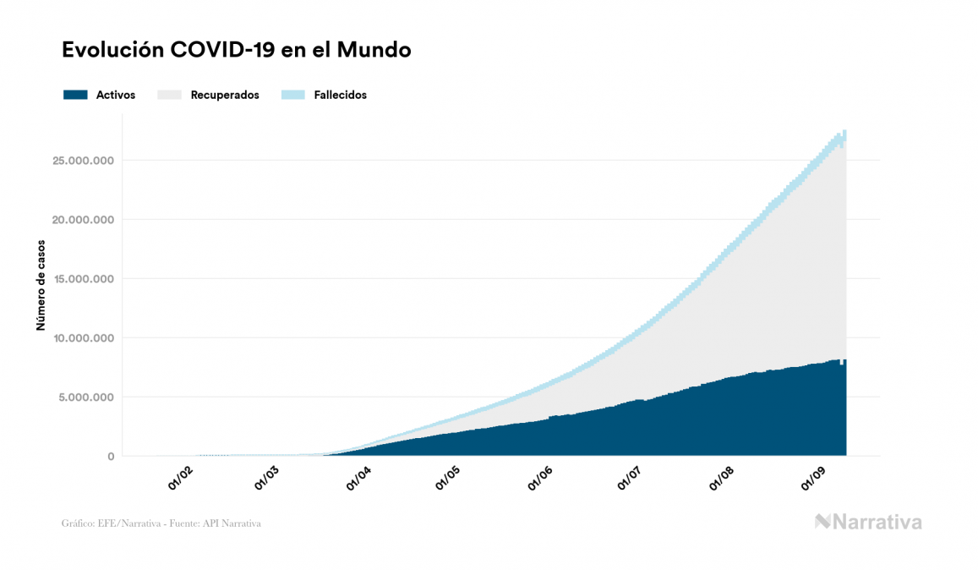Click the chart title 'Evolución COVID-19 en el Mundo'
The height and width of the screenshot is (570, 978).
[x=237, y=50]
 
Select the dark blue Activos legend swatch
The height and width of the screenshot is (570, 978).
[x=75, y=95]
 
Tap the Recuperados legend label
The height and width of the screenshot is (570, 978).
[x=225, y=95]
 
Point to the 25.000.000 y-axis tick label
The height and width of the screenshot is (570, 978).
[x=83, y=161]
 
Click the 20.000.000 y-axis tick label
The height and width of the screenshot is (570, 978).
[x=83, y=220]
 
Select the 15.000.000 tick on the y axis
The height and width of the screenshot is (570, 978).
[x=83, y=279]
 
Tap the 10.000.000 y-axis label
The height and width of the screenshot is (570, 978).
[x=83, y=338]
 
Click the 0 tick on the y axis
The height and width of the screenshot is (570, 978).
[x=110, y=457]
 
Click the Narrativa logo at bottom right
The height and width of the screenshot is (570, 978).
[x=868, y=522]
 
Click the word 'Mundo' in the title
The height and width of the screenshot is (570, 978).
[x=374, y=50]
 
